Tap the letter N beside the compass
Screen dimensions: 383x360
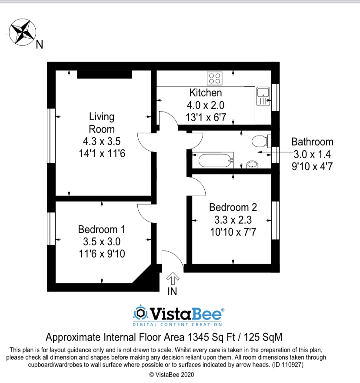[39, 44]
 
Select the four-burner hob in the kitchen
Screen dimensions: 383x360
[214, 78]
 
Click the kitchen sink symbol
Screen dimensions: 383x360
[263, 96]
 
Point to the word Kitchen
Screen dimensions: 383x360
[206, 92]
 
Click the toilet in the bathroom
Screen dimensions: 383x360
[260, 141]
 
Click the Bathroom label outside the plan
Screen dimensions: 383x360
[312, 142]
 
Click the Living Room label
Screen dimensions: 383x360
[102, 122]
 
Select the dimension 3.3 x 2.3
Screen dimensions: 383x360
[233, 219]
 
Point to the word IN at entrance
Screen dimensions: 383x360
[173, 292]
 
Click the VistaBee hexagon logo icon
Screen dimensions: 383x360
[140, 312]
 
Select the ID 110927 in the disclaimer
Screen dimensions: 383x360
[288, 365]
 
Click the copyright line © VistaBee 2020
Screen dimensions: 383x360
[171, 374]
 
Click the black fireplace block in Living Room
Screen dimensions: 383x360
[104, 75]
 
